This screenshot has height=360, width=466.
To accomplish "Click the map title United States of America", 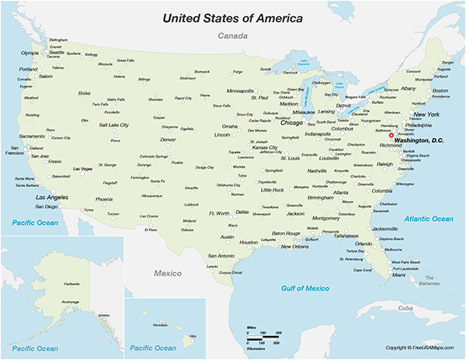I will (233, 17).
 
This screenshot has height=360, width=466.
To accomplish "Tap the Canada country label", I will (232, 36).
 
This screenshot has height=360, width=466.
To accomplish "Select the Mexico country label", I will (166, 274).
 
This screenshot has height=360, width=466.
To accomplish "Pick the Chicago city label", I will (291, 122).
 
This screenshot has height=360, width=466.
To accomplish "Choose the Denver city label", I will (168, 140).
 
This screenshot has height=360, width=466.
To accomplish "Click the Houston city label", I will (249, 242).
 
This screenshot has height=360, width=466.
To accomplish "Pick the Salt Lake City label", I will (114, 124).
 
